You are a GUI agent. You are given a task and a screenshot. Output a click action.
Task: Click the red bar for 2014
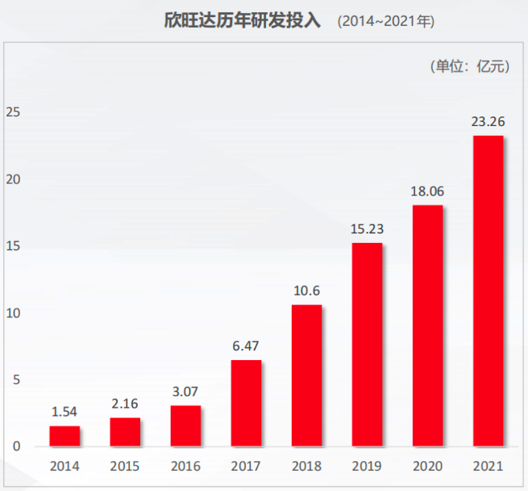64,436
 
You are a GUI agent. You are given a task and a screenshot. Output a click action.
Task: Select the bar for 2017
246,403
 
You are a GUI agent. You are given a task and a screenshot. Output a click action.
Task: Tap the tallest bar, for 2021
488,291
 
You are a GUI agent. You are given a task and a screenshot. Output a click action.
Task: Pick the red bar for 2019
367,344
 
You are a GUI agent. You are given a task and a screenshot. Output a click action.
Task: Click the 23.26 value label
488,122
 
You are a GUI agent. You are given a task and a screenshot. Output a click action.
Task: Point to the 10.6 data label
306,292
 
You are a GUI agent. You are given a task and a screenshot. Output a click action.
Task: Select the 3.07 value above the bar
185,392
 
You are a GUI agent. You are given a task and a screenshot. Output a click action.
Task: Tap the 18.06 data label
427,191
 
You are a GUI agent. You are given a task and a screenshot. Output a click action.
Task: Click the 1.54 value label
64,412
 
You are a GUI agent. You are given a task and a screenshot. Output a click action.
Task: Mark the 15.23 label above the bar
367,229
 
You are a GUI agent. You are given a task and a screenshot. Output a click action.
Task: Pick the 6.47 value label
246,347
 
